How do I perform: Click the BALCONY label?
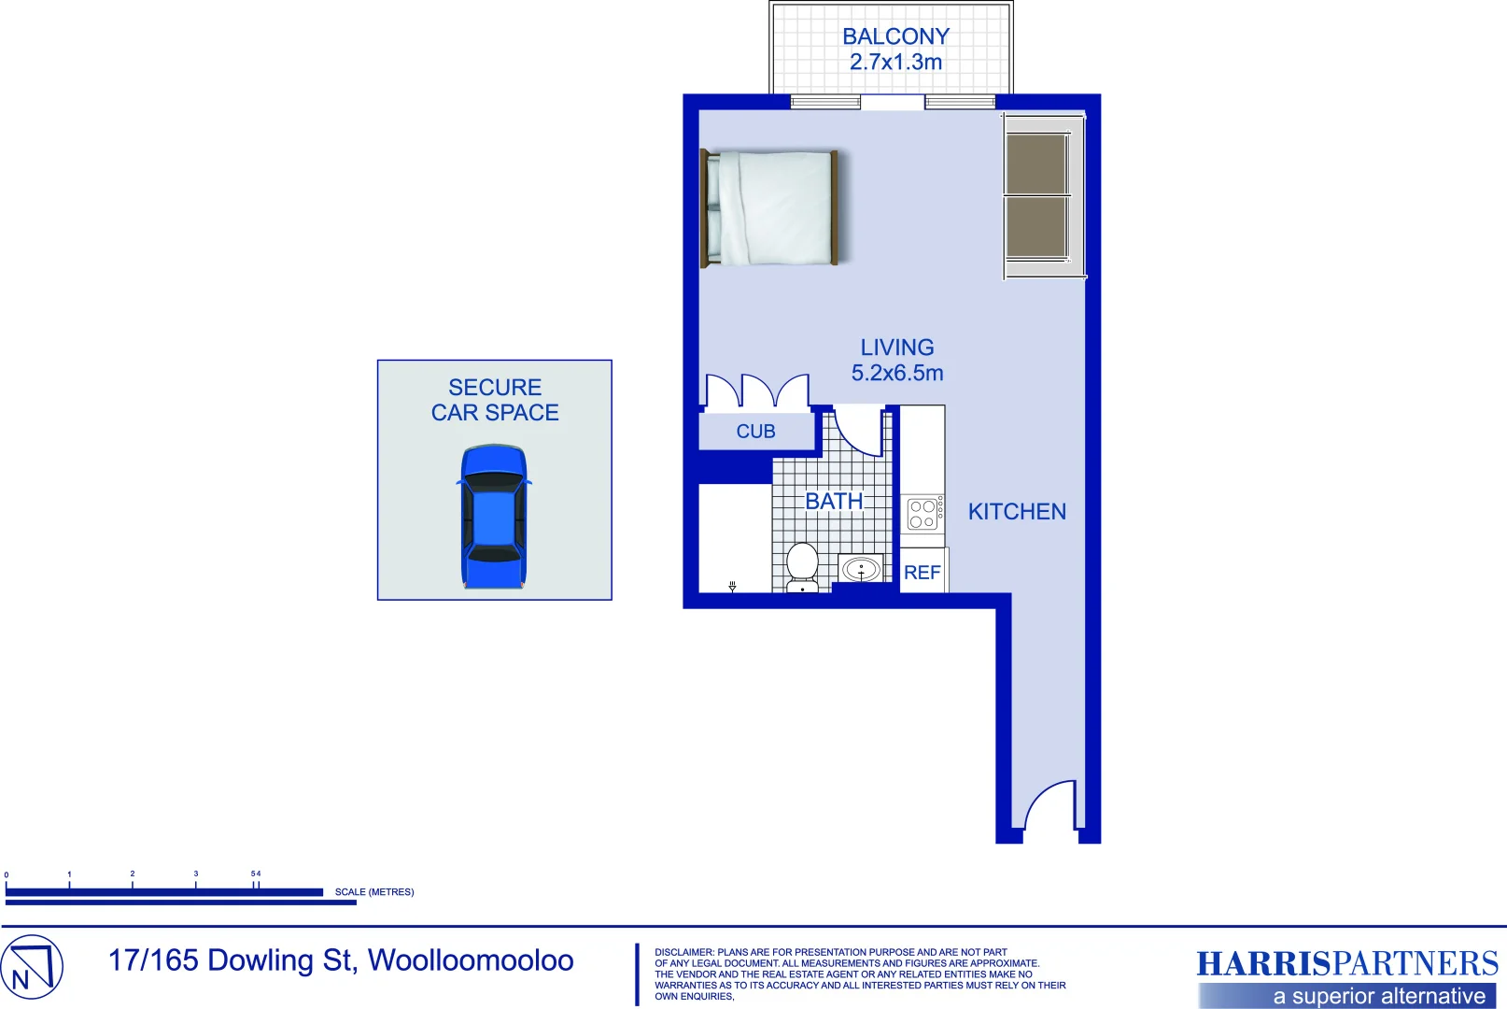click(895, 37)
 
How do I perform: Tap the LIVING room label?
click(897, 348)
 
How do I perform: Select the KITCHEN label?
click(1017, 512)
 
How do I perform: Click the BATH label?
click(834, 502)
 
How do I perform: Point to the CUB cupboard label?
click(755, 432)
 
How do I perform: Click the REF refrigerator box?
click(923, 572)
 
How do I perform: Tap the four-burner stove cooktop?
click(923, 514)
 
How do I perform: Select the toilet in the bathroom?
click(802, 566)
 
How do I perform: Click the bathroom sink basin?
click(861, 568)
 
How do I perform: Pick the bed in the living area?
click(770, 208)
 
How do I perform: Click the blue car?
click(494, 516)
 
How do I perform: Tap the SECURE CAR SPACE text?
click(495, 400)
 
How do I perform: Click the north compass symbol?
click(31, 967)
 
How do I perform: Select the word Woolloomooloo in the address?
click(471, 960)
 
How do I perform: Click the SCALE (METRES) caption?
click(374, 892)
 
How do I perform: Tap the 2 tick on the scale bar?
click(133, 874)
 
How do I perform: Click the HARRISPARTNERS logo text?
click(1346, 963)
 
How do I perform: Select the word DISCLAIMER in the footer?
click(683, 952)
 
